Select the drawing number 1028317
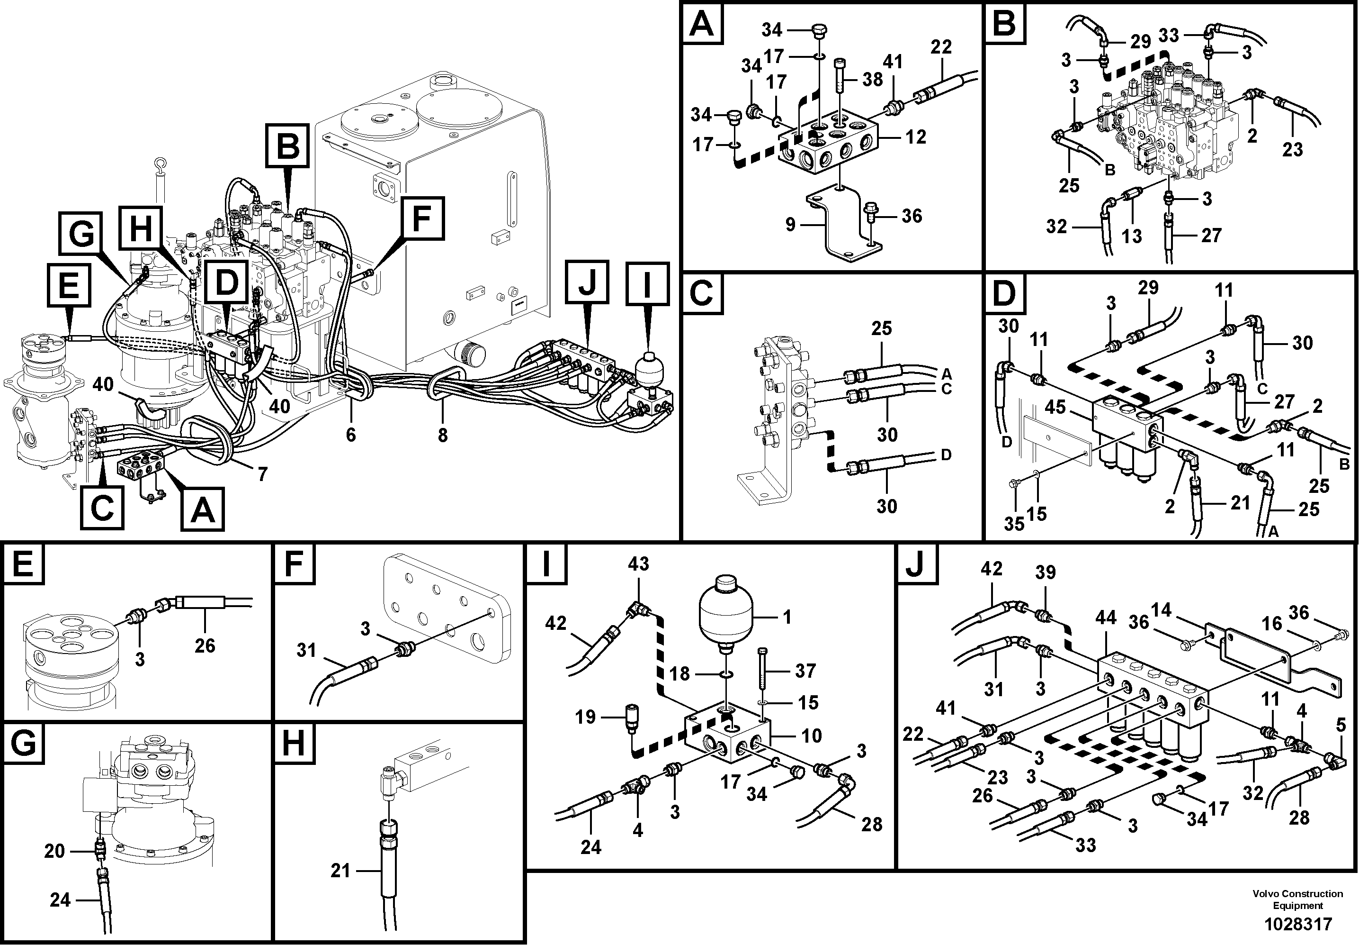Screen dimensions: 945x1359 [1298, 924]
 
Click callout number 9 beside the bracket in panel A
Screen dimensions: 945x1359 [790, 225]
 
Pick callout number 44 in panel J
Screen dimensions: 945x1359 [1105, 618]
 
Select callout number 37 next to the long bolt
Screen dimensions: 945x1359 [806, 671]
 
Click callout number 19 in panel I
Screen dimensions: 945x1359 [585, 717]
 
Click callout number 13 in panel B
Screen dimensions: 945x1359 [1132, 236]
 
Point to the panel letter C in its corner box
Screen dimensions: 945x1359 [702, 293]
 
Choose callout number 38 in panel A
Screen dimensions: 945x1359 [873, 79]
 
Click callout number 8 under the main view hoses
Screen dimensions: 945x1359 [443, 435]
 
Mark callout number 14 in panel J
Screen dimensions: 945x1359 [1162, 610]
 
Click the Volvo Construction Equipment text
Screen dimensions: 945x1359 [1297, 900]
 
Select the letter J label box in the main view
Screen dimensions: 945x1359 [586, 283]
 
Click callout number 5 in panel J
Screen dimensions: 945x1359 [1341, 725]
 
